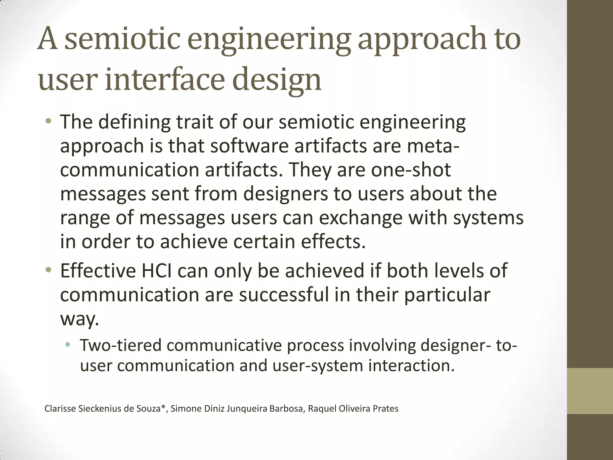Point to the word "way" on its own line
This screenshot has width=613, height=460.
(79, 319)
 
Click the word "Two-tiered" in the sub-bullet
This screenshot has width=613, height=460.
(121, 345)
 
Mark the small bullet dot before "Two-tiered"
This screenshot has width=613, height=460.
(68, 345)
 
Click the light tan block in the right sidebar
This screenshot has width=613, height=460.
(590, 391)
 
